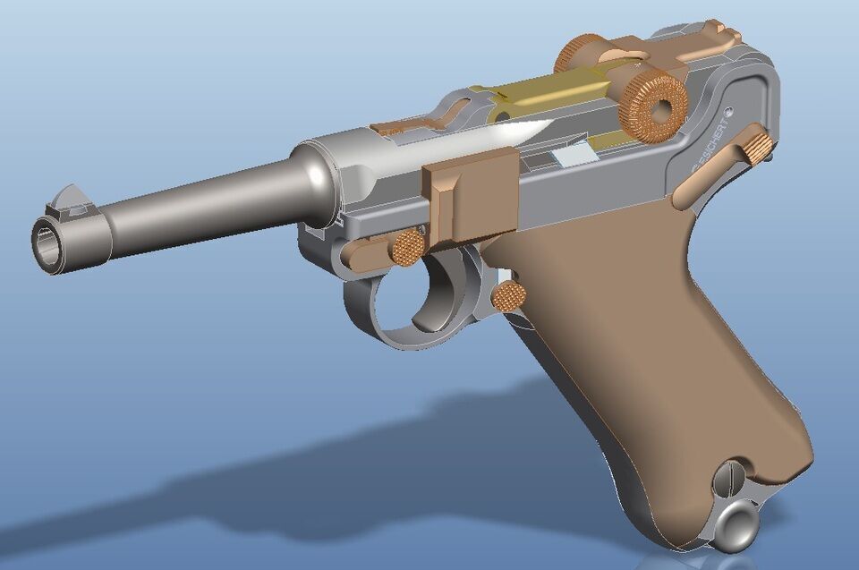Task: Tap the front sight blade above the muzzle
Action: (68, 199)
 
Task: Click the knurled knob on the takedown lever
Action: (408, 246)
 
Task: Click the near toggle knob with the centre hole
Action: (656, 106)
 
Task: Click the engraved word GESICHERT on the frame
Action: (709, 147)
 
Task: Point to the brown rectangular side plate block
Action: (470, 197)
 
